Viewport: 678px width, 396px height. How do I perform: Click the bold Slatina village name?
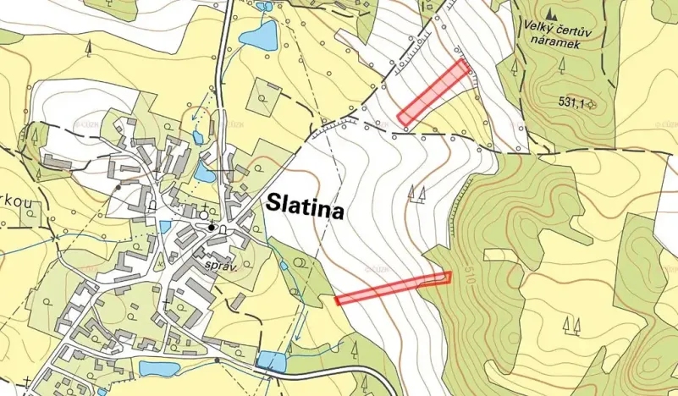[306, 206]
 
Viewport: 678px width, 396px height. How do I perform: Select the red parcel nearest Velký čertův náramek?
[433, 91]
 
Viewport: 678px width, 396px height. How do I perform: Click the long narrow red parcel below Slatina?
[393, 288]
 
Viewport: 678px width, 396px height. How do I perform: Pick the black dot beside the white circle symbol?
[211, 228]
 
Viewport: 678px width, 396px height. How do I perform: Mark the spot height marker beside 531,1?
[592, 104]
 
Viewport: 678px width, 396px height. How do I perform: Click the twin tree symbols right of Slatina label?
[416, 194]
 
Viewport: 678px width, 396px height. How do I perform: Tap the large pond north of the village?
[258, 36]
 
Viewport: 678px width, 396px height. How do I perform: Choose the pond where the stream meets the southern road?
[272, 361]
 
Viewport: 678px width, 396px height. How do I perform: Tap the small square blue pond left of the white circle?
[164, 226]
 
